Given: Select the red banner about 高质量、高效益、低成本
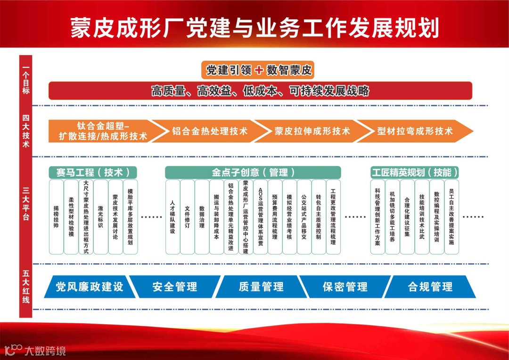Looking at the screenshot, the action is pos(260,90).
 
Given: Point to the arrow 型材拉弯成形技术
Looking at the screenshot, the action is pos(415,131).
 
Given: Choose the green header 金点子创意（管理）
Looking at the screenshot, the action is pos(253,172).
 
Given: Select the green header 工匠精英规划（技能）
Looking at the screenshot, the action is pos(415,172).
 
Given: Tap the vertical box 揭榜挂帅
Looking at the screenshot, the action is pos(56,217).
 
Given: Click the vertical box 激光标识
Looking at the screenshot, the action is pos(100,217).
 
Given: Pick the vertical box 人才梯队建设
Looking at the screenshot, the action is pos(172,217).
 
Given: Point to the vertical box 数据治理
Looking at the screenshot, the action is pos(202,217).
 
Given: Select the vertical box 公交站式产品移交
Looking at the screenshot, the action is pos(304,217).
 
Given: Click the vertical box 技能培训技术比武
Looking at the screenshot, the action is pos(422,217).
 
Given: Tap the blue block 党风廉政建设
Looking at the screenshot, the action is pos(88,286).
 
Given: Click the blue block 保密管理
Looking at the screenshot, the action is pos(345,286).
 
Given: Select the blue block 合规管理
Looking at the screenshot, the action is pos(430,286).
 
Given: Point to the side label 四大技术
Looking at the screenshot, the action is pos(25,131).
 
